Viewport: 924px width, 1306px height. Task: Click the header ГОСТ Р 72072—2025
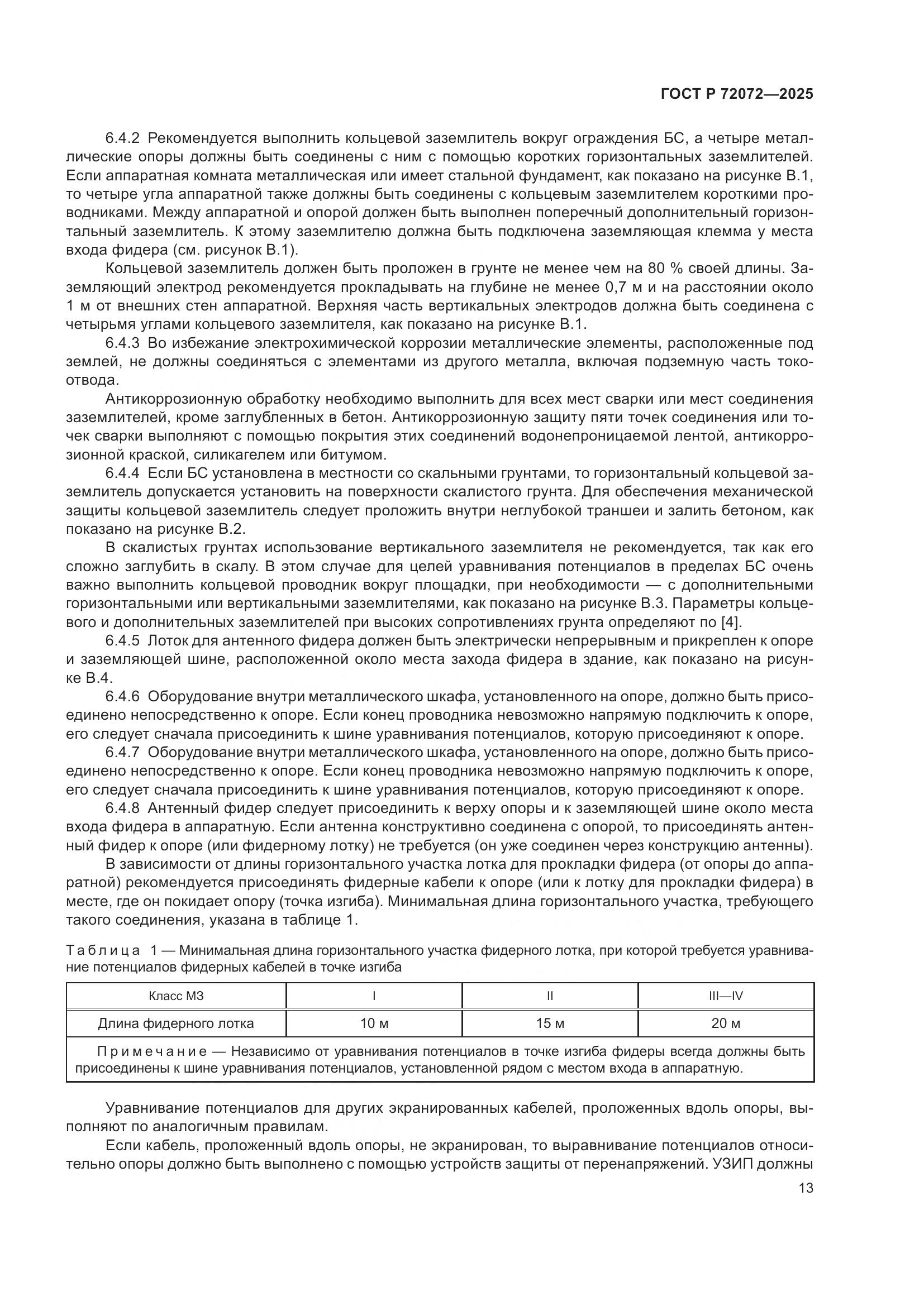click(x=737, y=94)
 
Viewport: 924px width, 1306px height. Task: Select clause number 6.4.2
click(x=122, y=138)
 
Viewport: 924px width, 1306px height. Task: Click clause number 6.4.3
click(x=122, y=343)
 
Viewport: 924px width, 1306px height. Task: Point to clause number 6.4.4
click(x=122, y=473)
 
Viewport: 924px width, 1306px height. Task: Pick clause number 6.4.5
click(x=122, y=641)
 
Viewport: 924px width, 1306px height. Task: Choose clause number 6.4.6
click(x=122, y=697)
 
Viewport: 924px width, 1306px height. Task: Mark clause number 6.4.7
click(x=122, y=753)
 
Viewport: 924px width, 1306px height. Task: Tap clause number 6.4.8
click(x=122, y=809)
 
